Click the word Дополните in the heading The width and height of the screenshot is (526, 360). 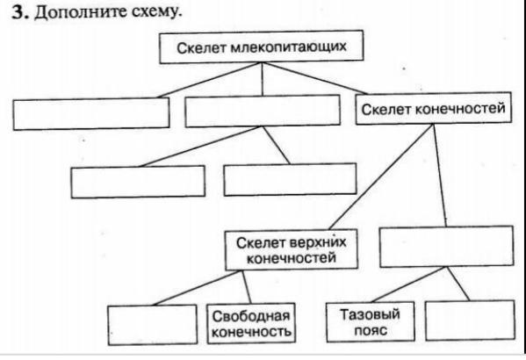[76, 13]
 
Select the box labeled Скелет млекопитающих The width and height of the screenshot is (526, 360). [262, 47]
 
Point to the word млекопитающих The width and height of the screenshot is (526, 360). [289, 47]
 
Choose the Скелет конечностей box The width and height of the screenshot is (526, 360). [434, 108]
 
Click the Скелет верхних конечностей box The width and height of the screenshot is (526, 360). [292, 249]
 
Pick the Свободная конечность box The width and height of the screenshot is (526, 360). [251, 323]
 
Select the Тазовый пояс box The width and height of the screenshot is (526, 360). [371, 321]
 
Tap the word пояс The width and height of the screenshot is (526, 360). [371, 330]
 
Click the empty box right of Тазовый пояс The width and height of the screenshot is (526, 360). [470, 320]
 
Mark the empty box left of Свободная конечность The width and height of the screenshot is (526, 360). [152, 324]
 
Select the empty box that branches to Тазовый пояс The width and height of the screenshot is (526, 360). [446, 247]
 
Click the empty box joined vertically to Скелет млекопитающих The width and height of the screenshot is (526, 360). [263, 111]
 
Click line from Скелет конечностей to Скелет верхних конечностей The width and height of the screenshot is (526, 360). [381, 177]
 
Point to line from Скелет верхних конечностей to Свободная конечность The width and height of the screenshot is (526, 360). [246, 287]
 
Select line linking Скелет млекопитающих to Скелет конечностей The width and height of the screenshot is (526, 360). [315, 78]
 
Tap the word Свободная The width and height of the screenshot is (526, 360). [251, 316]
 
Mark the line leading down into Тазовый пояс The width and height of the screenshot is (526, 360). [408, 284]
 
